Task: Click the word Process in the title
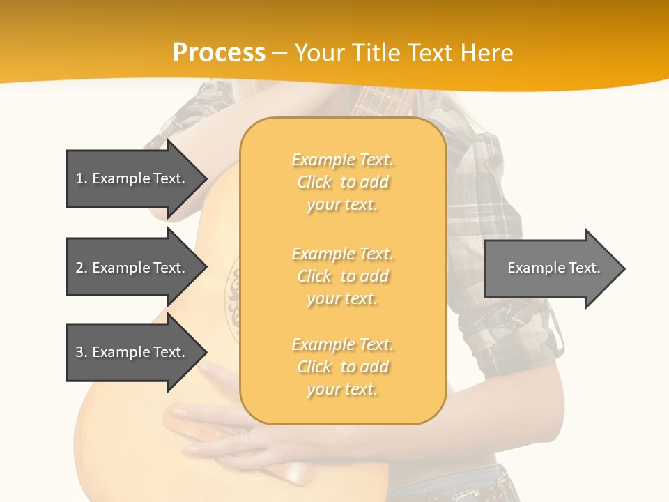pos(219,52)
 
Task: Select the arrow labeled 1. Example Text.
pos(130,178)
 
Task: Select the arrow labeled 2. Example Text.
pos(130,268)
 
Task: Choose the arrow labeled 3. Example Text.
pos(130,352)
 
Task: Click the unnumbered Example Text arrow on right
pos(553,268)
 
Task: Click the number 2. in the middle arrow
pos(81,268)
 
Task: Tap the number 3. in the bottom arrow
pos(81,352)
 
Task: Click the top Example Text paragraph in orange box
pos(342,182)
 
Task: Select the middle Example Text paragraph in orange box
pos(342,276)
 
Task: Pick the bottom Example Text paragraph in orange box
pos(342,367)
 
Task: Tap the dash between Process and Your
pos(279,53)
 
